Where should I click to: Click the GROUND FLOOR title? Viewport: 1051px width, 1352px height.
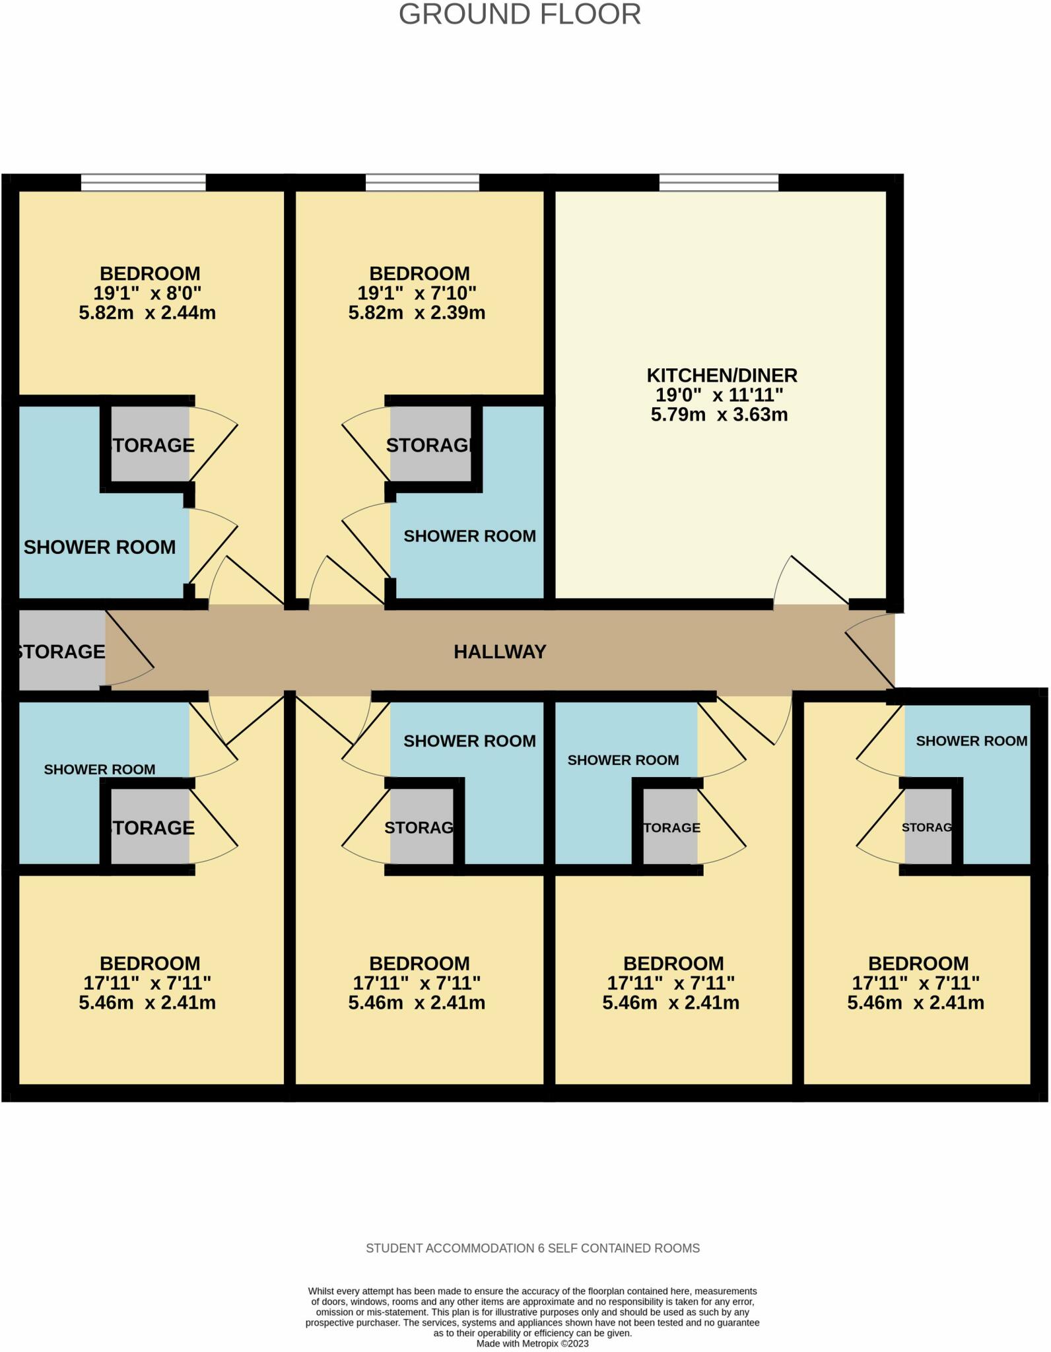coord(520,15)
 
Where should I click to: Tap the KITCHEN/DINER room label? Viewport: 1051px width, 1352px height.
coord(722,376)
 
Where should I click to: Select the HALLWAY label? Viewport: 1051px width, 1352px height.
coord(500,652)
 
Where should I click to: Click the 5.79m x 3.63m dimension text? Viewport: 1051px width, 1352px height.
coord(719,415)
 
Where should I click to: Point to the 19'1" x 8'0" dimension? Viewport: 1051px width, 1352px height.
coord(147,292)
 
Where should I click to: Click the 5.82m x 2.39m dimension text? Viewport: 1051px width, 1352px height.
coord(417,312)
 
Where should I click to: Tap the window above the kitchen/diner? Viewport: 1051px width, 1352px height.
coord(718,182)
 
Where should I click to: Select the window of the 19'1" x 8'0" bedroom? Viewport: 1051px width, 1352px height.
coord(143,182)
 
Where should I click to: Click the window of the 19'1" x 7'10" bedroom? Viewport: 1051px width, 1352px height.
coord(422,182)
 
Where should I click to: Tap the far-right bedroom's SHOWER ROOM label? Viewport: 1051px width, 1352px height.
coord(971,741)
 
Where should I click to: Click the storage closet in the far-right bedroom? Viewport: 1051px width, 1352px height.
coord(928,827)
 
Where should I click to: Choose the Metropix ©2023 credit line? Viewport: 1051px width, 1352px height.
coord(532,1343)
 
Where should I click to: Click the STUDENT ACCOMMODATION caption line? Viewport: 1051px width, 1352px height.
coord(533,1248)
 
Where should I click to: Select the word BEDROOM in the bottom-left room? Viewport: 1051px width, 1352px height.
coord(150,964)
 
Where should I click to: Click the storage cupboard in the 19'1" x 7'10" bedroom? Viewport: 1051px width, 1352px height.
coord(430,445)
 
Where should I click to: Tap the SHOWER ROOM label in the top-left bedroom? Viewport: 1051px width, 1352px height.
coord(100,547)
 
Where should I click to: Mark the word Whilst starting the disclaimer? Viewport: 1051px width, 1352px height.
coord(322,1291)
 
